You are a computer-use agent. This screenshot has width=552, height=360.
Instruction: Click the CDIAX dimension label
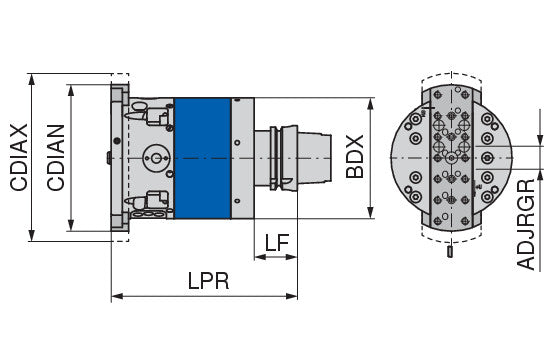pyautogui.click(x=19, y=157)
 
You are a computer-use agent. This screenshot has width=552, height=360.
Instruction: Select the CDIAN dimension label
pyautogui.click(x=56, y=157)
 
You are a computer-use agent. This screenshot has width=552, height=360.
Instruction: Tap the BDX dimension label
pyautogui.click(x=355, y=157)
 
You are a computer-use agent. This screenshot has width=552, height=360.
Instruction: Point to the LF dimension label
pyautogui.click(x=277, y=242)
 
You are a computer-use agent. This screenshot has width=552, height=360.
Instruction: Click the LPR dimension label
pyautogui.click(x=208, y=281)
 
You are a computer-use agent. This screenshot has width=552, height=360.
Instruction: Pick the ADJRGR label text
pyautogui.click(x=526, y=225)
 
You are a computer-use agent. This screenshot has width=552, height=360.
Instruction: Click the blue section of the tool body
pyautogui.click(x=202, y=158)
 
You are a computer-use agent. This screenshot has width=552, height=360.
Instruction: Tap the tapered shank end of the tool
pyautogui.click(x=315, y=158)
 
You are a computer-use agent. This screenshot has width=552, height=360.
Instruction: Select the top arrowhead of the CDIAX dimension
pyautogui.click(x=32, y=80)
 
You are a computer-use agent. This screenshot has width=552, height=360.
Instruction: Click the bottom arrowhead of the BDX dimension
pyautogui.click(x=370, y=213)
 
